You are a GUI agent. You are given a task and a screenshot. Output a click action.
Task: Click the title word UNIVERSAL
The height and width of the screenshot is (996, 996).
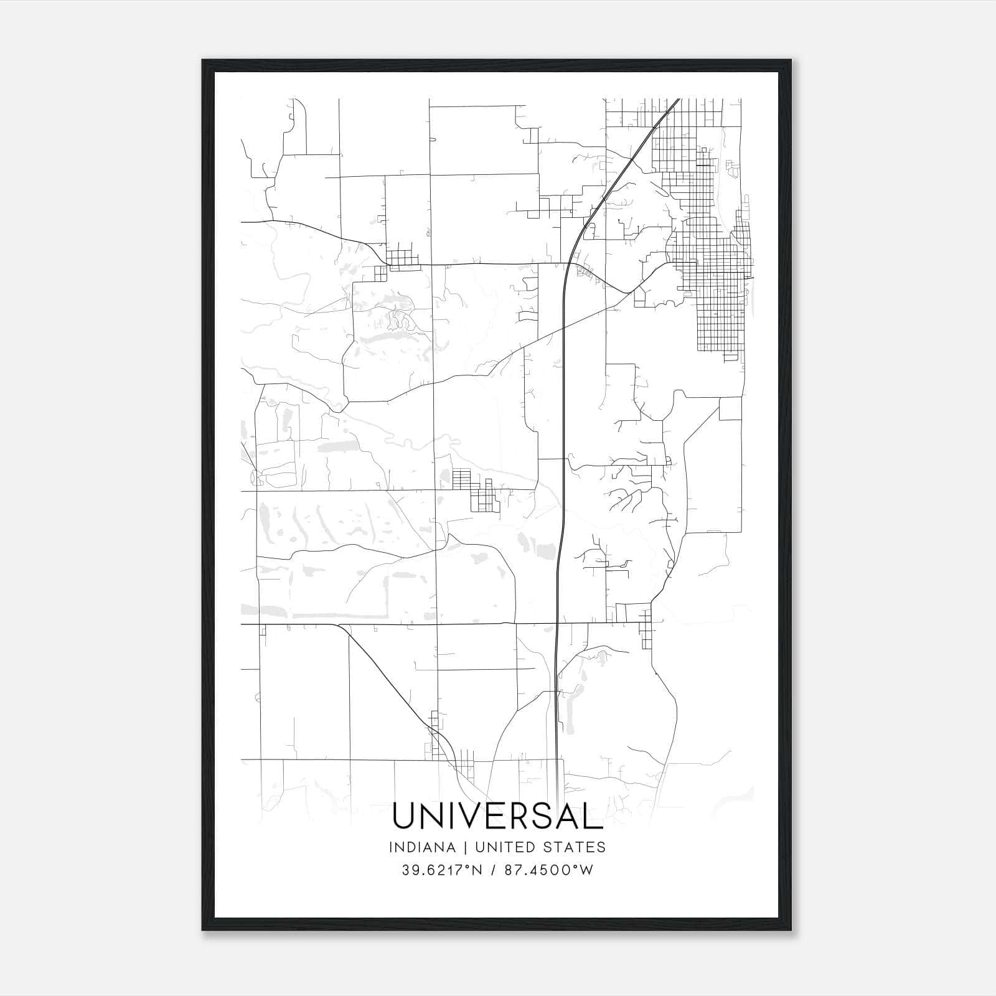click(497, 816)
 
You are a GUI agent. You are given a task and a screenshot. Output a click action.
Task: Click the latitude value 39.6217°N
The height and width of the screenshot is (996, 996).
click(442, 870)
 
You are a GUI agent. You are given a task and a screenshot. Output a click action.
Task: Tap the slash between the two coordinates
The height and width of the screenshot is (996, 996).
click(492, 870)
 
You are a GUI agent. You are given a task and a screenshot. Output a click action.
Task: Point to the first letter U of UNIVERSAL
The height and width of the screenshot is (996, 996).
click(403, 816)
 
